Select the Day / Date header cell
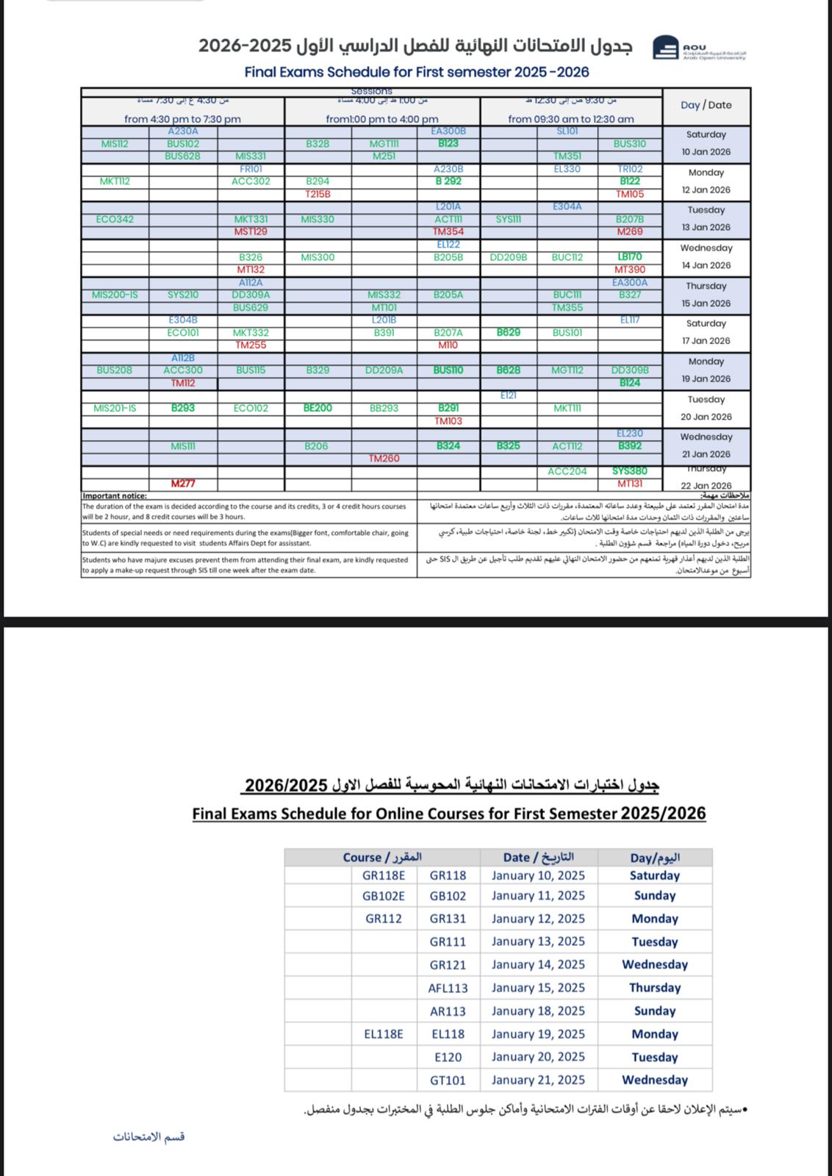[706, 104]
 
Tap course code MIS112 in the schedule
[115, 144]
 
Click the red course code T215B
[318, 194]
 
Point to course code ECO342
[115, 219]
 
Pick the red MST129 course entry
[251, 232]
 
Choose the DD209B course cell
[508, 257]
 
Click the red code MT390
[630, 270]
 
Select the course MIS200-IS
[115, 295]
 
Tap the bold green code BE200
[318, 408]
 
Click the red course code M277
[183, 484]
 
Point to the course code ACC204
[567, 471]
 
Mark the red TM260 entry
[384, 459]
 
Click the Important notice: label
[115, 496]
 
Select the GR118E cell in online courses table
[384, 875]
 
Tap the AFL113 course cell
[448, 988]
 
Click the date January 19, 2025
[538, 1034]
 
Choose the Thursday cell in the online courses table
[655, 988]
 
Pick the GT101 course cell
[448, 1080]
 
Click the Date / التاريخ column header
[538, 857]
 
